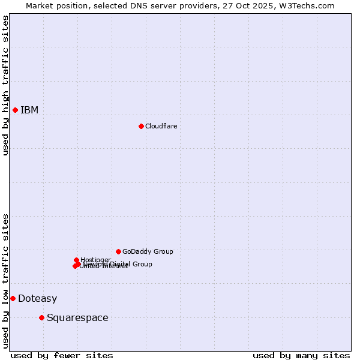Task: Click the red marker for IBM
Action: (x=15, y=110)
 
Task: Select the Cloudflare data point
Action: (x=141, y=126)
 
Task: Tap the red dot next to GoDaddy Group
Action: (x=118, y=251)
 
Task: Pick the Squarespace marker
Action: (x=41, y=317)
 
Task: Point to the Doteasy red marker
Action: (x=13, y=298)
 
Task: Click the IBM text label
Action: (x=29, y=110)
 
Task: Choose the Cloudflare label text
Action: (x=161, y=126)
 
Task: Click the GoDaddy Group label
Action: (x=148, y=252)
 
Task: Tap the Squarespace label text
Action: (x=77, y=318)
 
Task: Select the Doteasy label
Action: (x=38, y=299)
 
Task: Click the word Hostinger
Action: (x=95, y=260)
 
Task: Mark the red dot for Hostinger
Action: (x=76, y=260)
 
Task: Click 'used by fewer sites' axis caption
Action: (x=62, y=355)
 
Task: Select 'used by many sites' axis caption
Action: (x=301, y=355)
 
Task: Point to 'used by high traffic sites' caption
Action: (x=6, y=86)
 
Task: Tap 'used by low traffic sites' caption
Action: (x=6, y=280)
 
